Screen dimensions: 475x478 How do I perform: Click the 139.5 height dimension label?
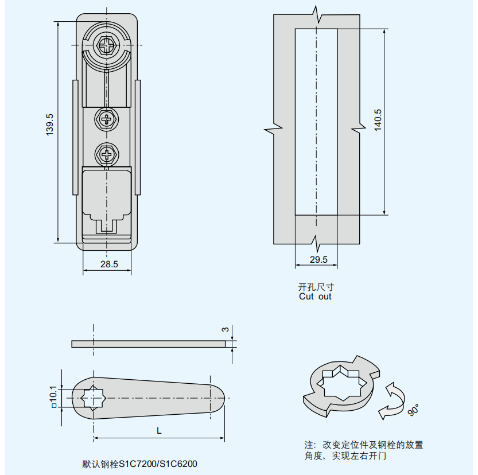point(50,124)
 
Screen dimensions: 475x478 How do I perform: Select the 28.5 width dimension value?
point(109,264)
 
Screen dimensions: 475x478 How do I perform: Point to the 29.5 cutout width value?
point(318,260)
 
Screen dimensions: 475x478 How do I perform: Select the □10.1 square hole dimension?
point(53,396)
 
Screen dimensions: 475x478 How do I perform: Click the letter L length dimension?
point(159,430)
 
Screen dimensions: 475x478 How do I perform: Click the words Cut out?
point(315,297)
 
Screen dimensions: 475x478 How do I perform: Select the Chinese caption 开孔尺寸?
point(316,287)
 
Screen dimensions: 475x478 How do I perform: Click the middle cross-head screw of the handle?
point(107,120)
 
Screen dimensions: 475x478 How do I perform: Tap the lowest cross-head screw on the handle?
point(107,154)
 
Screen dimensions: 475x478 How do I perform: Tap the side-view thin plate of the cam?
point(149,344)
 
